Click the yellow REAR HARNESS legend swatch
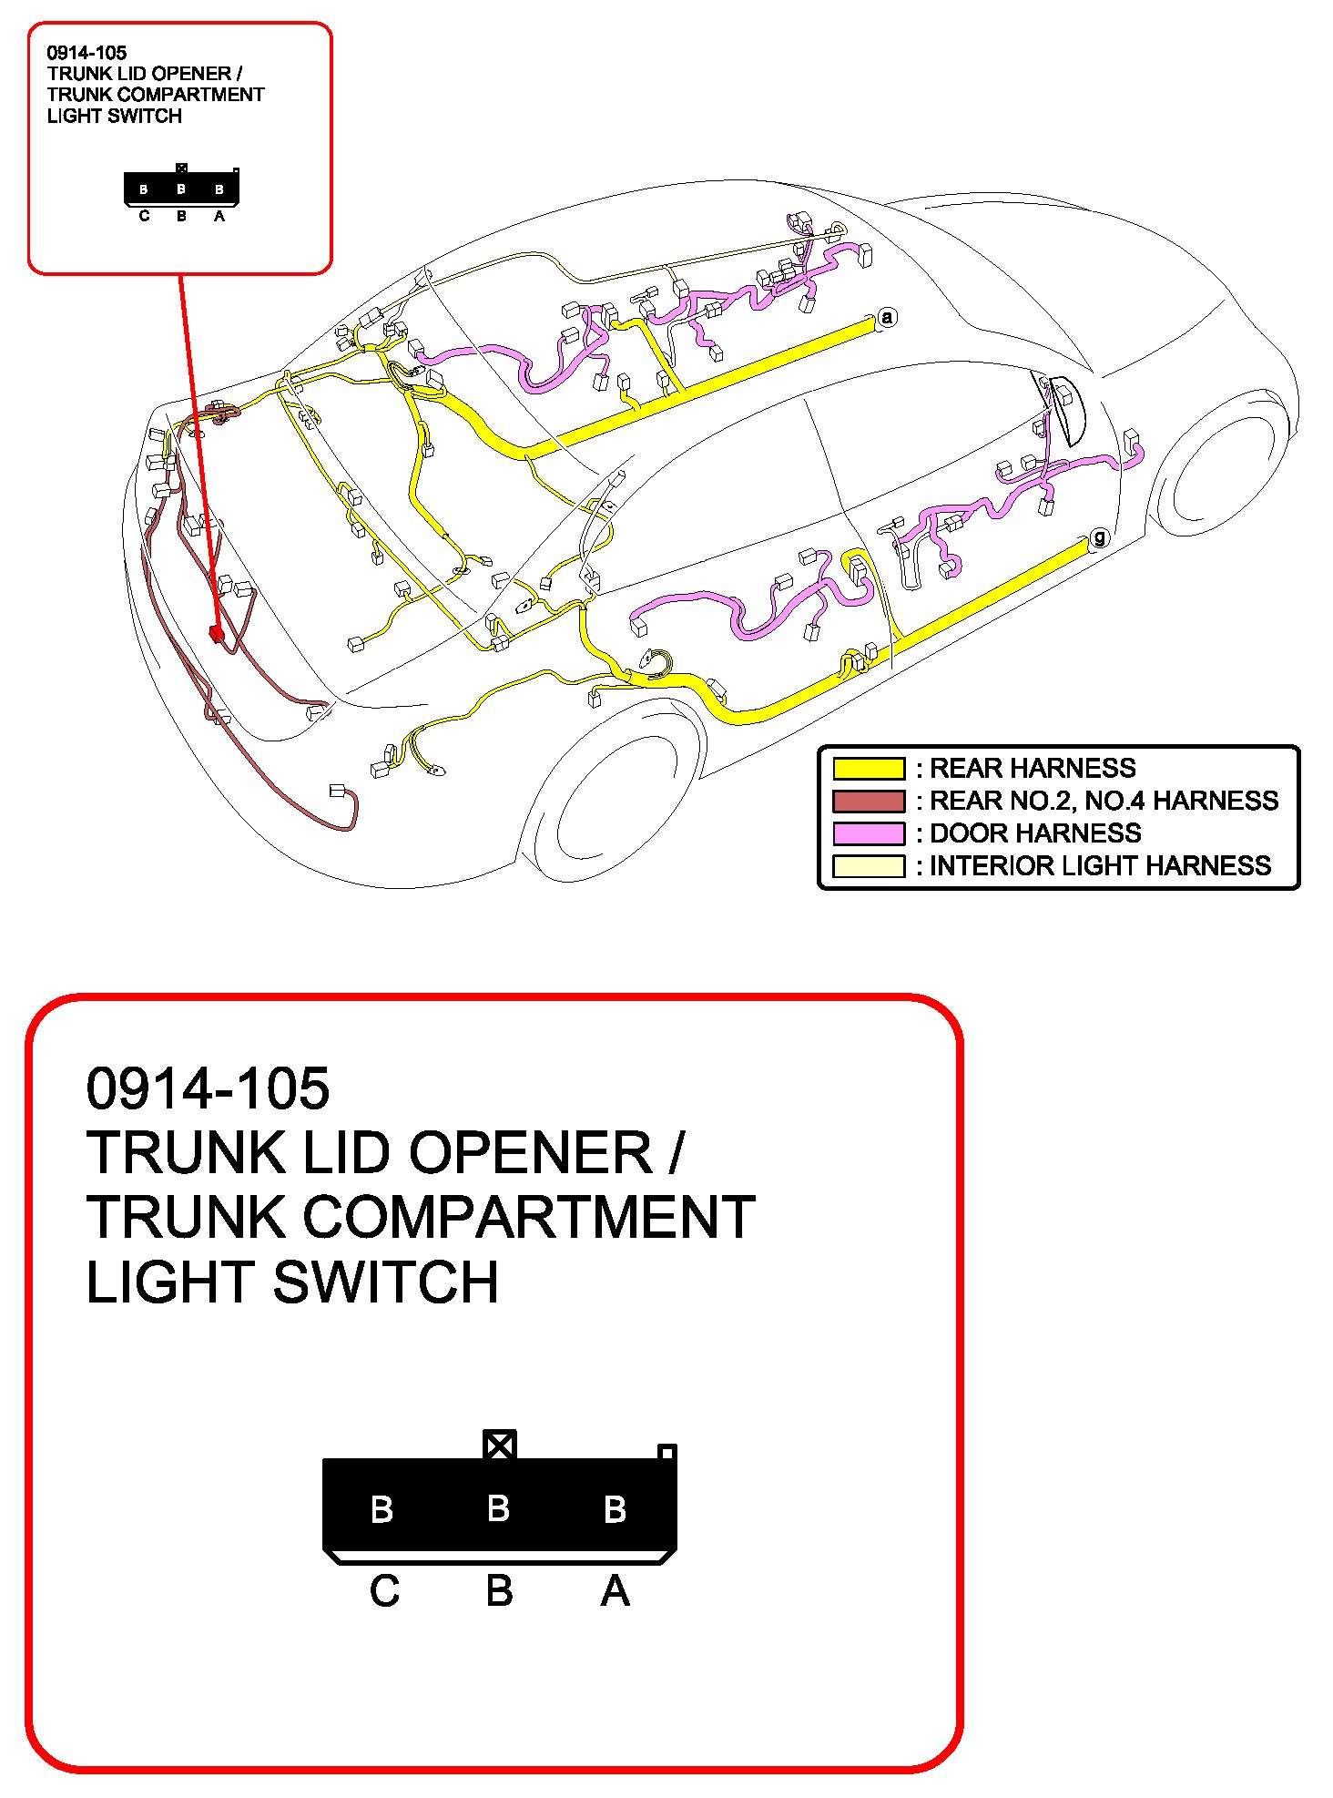pyautogui.click(x=869, y=769)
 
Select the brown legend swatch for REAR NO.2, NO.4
pyautogui.click(x=869, y=802)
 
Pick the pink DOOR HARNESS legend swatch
pyautogui.click(x=869, y=833)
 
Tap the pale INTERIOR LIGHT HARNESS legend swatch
pyautogui.click(x=869, y=866)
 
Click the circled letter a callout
pyautogui.click(x=887, y=317)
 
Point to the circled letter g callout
pyautogui.click(x=1100, y=537)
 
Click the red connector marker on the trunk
pyautogui.click(x=217, y=633)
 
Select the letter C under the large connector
pyautogui.click(x=384, y=1591)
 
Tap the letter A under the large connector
pyautogui.click(x=616, y=1591)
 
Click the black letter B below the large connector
pyautogui.click(x=499, y=1591)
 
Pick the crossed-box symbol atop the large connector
pyautogui.click(x=499, y=1445)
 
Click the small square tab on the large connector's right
pyautogui.click(x=666, y=1452)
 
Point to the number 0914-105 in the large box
pyautogui.click(x=208, y=1088)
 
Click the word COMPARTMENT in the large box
pyautogui.click(x=528, y=1217)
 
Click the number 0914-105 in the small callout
pyautogui.click(x=86, y=53)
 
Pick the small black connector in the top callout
pyautogui.click(x=181, y=189)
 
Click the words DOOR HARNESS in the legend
pyautogui.click(x=1035, y=833)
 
